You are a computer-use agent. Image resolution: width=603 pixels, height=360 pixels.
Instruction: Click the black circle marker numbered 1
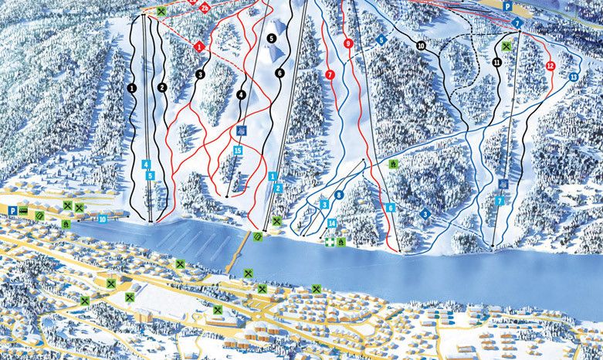[x=132, y=89]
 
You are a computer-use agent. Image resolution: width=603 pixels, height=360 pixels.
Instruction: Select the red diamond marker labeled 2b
[x=204, y=8]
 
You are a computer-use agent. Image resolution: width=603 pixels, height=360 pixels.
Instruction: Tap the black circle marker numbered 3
[x=199, y=75]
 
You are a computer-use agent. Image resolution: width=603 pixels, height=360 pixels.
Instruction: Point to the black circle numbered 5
[x=271, y=37]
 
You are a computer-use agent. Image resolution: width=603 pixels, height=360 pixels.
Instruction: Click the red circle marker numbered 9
[x=348, y=44]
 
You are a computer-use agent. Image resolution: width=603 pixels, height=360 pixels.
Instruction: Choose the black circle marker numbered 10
[x=421, y=46]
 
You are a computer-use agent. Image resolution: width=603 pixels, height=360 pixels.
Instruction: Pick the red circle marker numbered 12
[x=550, y=66]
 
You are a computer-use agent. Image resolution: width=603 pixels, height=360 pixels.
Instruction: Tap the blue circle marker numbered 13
[x=573, y=77]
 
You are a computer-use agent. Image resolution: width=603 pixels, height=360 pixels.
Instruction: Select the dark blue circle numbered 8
[x=338, y=195]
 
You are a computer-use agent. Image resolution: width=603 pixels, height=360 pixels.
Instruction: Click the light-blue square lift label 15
[x=238, y=150]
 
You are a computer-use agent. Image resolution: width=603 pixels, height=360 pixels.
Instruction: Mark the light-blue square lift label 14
[x=331, y=223]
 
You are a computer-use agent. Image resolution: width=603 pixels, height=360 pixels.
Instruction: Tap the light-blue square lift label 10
[x=103, y=219]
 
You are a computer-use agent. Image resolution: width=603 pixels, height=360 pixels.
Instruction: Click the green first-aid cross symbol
[x=330, y=242]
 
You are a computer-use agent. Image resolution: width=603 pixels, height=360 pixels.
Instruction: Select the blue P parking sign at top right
[x=507, y=6]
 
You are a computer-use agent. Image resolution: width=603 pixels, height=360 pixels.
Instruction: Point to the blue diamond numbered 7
[x=517, y=24]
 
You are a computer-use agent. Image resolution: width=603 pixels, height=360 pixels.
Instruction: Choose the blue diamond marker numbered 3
[x=425, y=213]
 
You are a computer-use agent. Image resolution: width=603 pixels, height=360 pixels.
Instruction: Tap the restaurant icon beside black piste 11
[x=505, y=47]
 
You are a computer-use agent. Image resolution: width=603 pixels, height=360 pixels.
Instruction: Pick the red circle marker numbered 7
[x=330, y=75]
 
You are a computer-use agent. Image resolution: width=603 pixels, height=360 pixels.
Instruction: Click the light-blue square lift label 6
[x=391, y=208]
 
